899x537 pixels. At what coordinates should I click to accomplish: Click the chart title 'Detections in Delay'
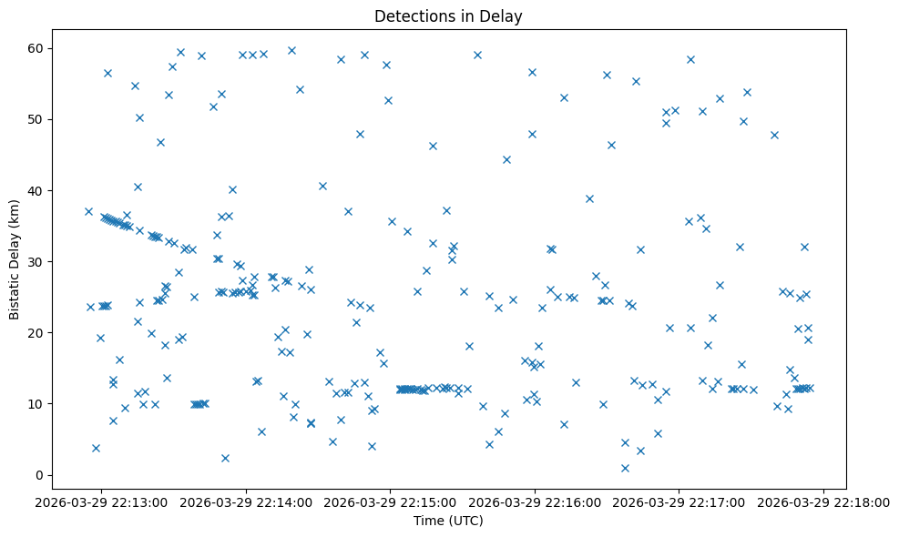[448, 15]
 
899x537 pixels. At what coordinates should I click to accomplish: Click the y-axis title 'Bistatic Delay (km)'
[15, 259]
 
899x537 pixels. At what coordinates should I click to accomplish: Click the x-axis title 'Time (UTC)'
[448, 522]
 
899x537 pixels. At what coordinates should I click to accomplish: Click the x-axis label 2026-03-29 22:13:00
[102, 502]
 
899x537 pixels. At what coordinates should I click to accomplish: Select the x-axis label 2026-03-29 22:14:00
[247, 502]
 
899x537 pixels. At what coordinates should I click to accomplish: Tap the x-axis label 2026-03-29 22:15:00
[391, 502]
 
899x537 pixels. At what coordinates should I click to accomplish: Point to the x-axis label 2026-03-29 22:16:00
[536, 502]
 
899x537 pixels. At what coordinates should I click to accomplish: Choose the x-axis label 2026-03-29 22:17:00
[679, 502]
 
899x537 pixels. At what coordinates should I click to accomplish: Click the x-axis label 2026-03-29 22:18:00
[824, 502]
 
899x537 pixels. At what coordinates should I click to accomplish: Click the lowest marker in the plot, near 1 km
[625, 468]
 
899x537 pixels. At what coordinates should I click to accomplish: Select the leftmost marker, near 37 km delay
[88, 211]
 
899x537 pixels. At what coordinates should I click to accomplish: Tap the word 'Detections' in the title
[408, 15]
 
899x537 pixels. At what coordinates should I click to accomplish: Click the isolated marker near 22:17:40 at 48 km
[774, 135]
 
